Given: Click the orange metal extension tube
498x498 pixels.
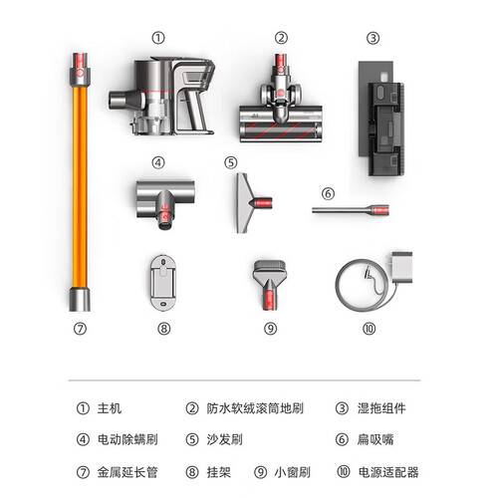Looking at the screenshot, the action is (x=80, y=186).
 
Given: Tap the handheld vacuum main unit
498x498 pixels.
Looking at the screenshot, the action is (x=161, y=97).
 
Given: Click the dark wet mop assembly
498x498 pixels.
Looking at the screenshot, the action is (x=381, y=119).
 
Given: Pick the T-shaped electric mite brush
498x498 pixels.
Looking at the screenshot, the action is (x=165, y=199).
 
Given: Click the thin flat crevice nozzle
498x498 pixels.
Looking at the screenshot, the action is (x=351, y=210).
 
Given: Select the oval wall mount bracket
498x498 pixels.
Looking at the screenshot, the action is (x=162, y=283).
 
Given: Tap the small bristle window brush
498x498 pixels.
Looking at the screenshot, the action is (x=270, y=285).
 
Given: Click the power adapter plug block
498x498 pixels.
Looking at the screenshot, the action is (x=402, y=267).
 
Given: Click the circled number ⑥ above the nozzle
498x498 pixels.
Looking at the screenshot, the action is (x=328, y=193).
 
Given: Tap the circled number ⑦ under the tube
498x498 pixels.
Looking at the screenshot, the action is (x=80, y=329).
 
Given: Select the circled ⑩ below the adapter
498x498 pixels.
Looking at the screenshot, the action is (x=369, y=329).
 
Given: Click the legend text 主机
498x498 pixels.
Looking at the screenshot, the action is (x=110, y=408).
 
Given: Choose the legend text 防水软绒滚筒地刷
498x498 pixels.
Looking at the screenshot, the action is (x=255, y=408).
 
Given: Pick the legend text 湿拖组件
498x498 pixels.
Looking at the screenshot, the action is (x=381, y=408).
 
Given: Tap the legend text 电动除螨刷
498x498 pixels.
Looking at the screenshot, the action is (x=127, y=439).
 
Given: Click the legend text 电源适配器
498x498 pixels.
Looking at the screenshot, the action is (x=388, y=472).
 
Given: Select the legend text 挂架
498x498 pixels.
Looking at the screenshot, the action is (x=219, y=472).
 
